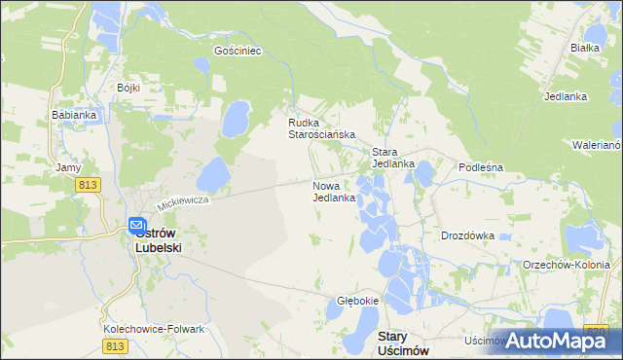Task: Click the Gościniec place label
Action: point(238,51)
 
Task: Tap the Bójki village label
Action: point(128,88)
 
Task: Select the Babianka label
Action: point(73,114)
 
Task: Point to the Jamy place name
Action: point(68,167)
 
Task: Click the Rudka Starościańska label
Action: point(320,128)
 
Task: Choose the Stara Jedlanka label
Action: point(393,158)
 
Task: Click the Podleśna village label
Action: point(480,167)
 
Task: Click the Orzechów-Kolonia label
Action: point(567,265)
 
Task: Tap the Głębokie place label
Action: point(357,301)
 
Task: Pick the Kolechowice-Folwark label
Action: point(154,329)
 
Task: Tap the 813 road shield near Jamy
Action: point(90,184)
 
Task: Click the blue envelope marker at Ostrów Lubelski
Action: point(138,226)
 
